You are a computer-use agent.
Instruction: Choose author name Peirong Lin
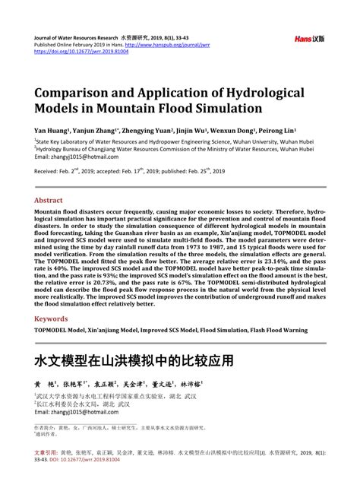point(276,130)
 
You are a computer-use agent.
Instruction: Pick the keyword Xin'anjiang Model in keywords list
point(117,331)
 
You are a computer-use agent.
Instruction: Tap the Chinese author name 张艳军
point(78,383)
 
